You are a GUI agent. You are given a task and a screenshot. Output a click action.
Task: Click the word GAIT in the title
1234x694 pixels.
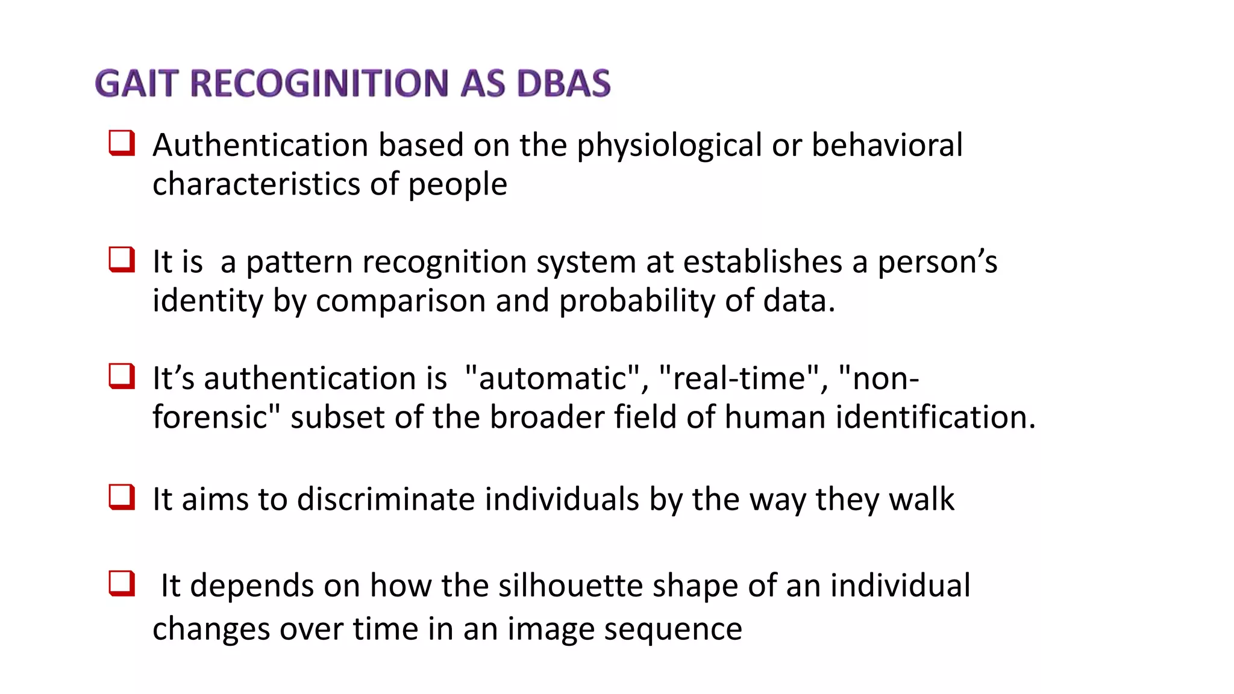pos(137,83)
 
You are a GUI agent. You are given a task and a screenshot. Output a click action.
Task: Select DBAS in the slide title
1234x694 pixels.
pos(564,83)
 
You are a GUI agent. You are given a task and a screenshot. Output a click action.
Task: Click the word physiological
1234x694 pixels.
pos(669,146)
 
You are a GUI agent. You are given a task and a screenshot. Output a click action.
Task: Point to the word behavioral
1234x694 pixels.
pos(887,145)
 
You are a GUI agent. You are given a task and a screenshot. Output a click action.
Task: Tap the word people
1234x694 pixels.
pos(457,185)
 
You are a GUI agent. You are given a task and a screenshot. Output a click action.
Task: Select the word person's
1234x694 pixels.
pos(937,262)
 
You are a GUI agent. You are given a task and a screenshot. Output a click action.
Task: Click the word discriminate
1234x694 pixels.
pos(386,499)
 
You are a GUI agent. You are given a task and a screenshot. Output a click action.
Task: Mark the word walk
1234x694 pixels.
pos(921,499)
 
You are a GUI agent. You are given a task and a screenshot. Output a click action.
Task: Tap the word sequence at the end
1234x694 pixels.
pos(673,630)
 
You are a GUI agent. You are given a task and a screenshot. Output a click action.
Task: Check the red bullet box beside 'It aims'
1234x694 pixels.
pos(121,498)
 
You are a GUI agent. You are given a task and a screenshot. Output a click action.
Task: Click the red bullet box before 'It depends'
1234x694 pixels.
pos(121,583)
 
